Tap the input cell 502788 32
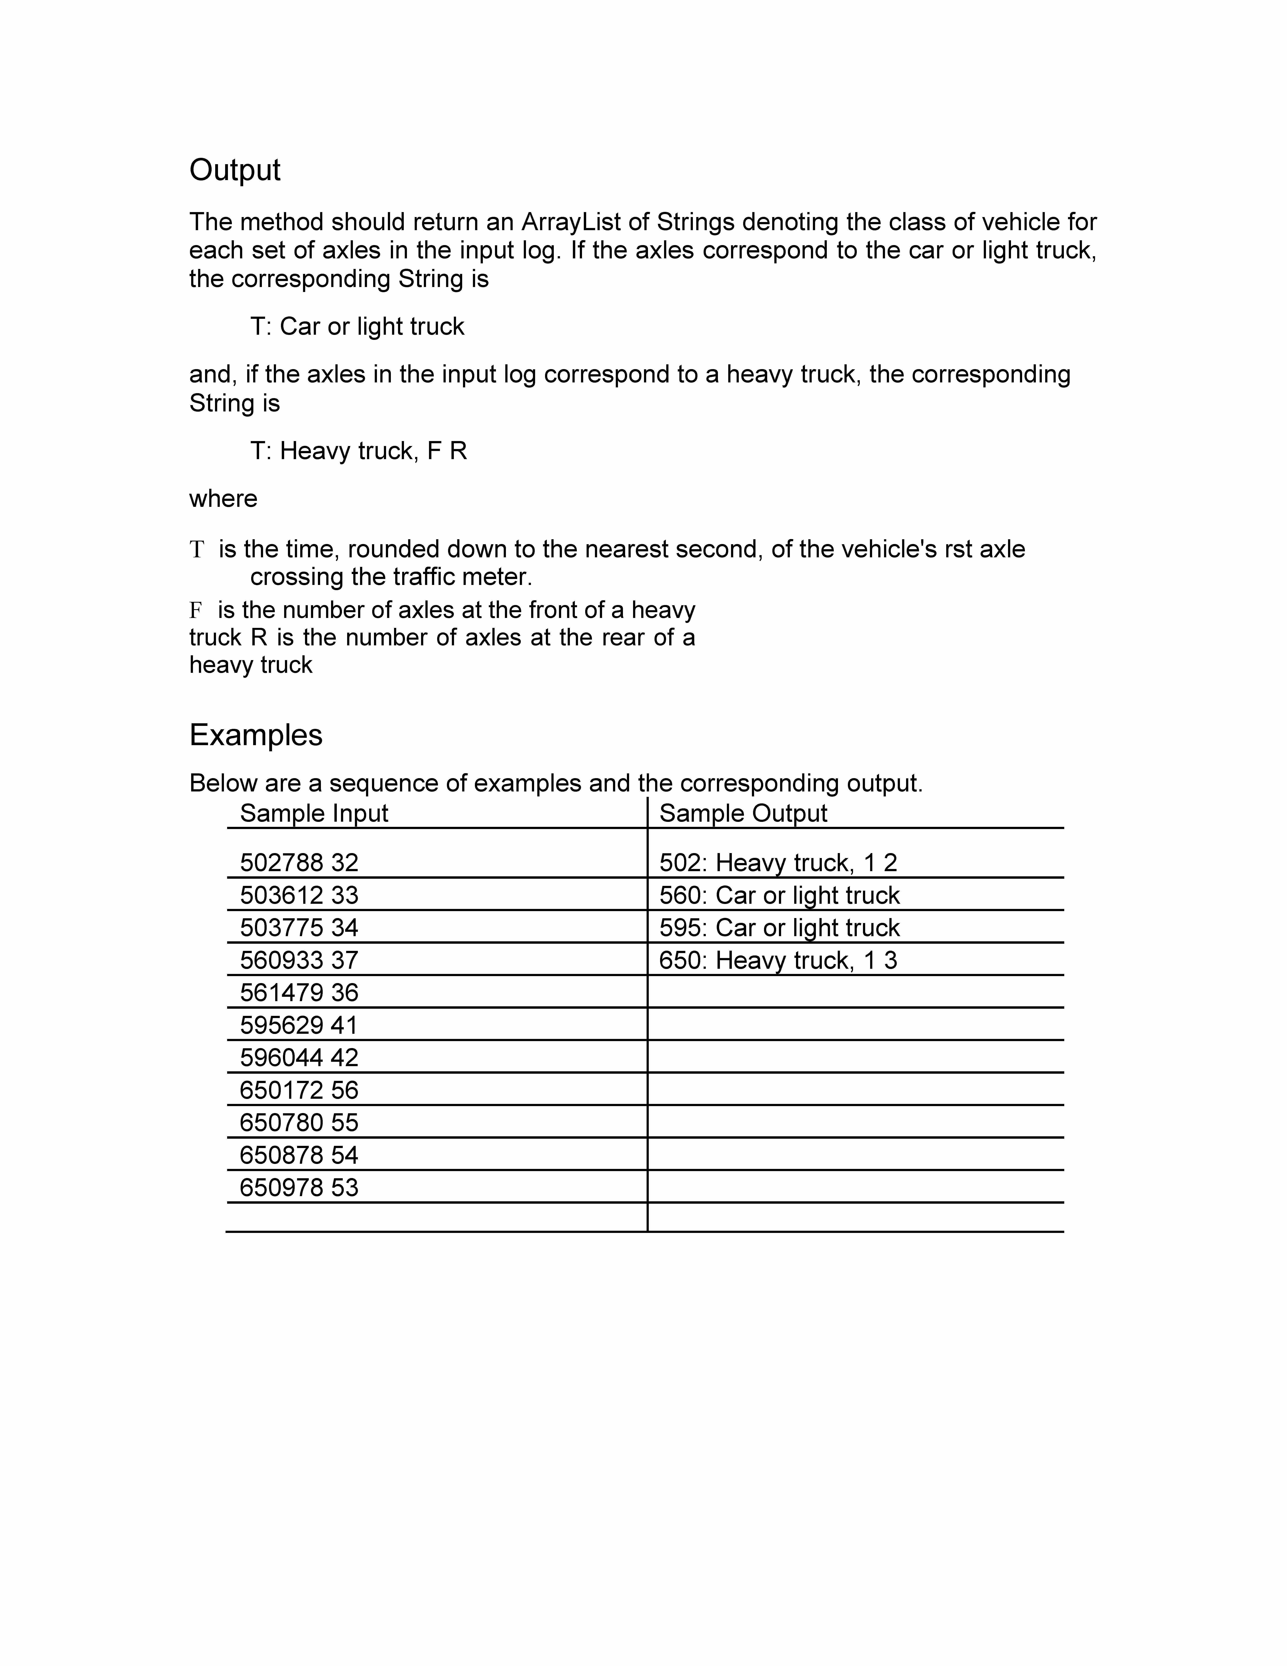[x=299, y=863]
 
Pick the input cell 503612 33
[x=299, y=896]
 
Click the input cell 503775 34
[x=299, y=928]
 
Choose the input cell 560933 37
[x=299, y=960]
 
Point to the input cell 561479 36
[x=299, y=992]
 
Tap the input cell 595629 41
[x=299, y=1025]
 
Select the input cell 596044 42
[x=299, y=1057]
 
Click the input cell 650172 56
[x=299, y=1090]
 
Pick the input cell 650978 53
[x=299, y=1188]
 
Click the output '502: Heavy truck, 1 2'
[x=778, y=863]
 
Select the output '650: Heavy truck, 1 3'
[x=778, y=960]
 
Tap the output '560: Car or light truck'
[x=779, y=896]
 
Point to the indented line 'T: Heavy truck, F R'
[x=358, y=451]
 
